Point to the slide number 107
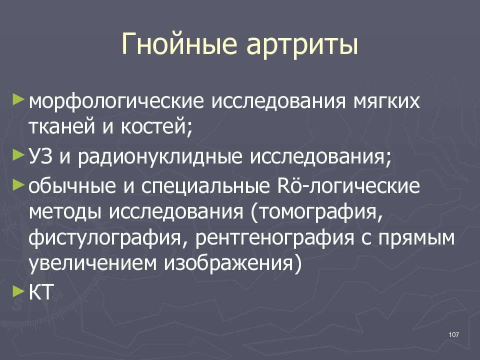tap(454, 335)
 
